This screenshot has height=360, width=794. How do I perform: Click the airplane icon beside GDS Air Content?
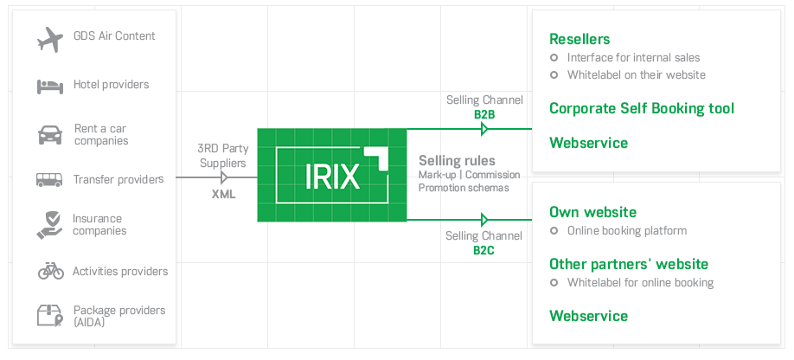pos(50,39)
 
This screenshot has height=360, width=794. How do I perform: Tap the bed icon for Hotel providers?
pos(49,86)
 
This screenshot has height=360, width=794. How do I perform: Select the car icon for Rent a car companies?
pos(49,134)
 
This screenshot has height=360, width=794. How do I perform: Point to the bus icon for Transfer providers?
pos(49,180)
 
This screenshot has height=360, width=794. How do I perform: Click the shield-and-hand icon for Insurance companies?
pos(49,224)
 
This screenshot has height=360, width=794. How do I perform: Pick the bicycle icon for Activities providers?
pos(50,271)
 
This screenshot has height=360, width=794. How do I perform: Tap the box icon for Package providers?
pos(49,315)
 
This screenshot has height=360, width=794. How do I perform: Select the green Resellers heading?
pos(579,39)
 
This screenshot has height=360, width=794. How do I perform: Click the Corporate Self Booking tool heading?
pos(642,108)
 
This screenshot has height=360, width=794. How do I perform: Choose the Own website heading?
pos(592,212)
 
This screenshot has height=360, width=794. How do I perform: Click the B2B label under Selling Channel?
pos(483,113)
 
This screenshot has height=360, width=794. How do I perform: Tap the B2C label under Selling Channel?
pos(483,250)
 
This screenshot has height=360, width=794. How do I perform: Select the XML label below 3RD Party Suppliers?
pos(224,195)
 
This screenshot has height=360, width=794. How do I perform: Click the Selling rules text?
pos(457,161)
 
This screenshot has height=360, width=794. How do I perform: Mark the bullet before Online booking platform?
pos(554,231)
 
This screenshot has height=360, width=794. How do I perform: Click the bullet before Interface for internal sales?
pos(554,58)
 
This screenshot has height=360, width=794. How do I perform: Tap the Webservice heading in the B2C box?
pos(588,316)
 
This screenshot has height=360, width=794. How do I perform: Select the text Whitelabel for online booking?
pos(640,283)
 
